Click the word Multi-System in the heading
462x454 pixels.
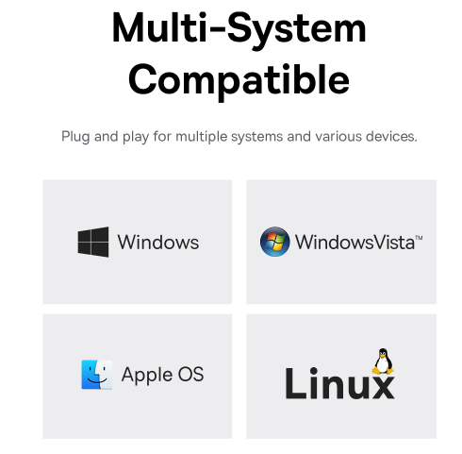[239, 30]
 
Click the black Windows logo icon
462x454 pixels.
[93, 242]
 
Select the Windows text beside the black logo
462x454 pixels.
[158, 242]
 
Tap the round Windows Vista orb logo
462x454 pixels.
[274, 242]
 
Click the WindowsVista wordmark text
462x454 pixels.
[355, 243]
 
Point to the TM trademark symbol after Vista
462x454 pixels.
[419, 238]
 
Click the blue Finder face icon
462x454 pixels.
[97, 375]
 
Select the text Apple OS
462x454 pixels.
[162, 375]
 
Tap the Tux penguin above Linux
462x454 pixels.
[383, 362]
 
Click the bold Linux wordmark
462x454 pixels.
[339, 383]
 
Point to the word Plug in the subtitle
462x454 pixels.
[75, 137]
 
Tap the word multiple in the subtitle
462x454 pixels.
[202, 137]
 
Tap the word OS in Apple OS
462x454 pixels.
[190, 374]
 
